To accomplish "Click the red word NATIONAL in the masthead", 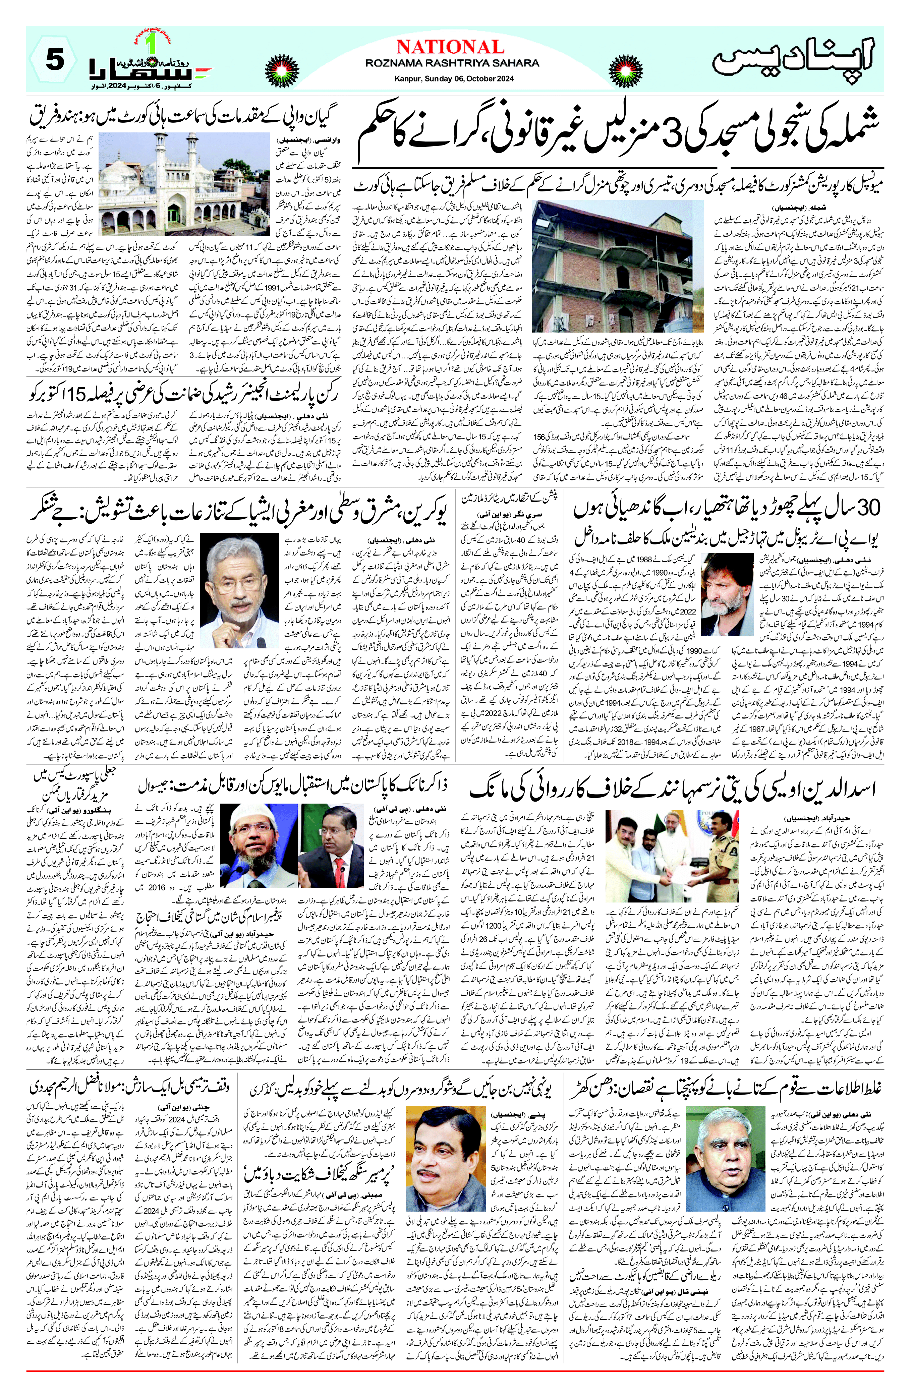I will click(x=450, y=47).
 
